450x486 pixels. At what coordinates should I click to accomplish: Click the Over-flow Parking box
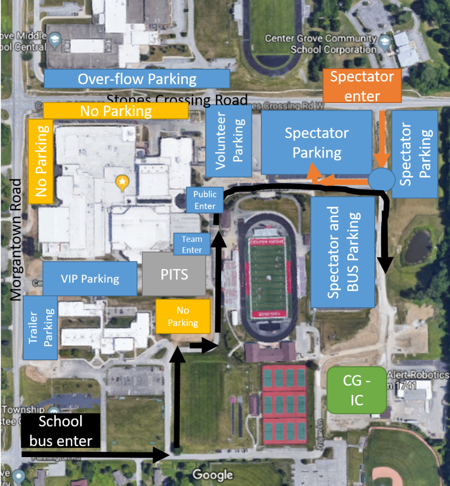click(x=137, y=79)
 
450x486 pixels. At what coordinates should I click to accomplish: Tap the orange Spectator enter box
click(x=362, y=86)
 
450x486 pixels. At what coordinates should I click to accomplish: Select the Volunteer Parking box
click(x=229, y=141)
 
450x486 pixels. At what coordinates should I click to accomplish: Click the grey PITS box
click(x=174, y=274)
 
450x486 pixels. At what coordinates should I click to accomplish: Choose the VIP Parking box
click(x=90, y=278)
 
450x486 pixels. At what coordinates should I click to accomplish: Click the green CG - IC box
click(x=357, y=390)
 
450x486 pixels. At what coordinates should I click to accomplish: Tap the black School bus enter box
click(x=60, y=431)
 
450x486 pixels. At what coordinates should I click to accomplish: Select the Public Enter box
click(x=205, y=200)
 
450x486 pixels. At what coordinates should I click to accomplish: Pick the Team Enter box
click(x=192, y=244)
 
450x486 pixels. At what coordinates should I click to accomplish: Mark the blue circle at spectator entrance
click(x=382, y=179)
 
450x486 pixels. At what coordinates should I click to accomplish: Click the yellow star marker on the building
click(x=122, y=181)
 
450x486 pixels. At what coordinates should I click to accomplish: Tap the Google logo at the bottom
click(x=212, y=475)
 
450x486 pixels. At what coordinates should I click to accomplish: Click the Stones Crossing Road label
click(x=176, y=100)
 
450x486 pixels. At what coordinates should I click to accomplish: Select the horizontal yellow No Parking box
click(x=116, y=111)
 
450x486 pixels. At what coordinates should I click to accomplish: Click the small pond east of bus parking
click(x=417, y=246)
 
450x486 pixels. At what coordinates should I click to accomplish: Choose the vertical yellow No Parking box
click(x=41, y=161)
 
